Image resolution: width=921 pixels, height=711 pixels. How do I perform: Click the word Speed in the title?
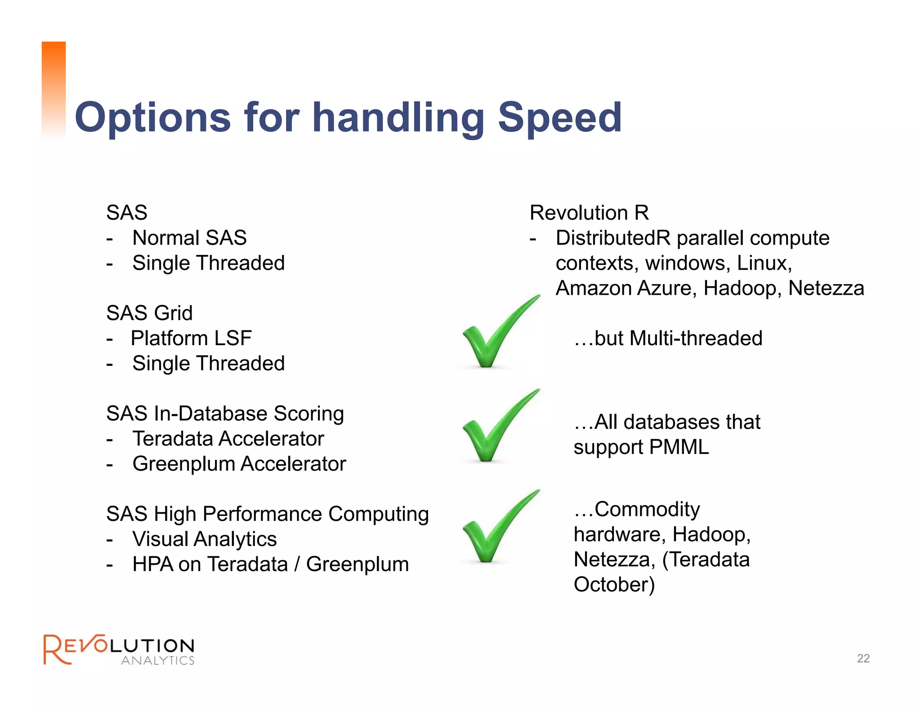(x=559, y=118)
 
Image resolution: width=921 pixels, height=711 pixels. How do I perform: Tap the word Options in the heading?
(x=153, y=118)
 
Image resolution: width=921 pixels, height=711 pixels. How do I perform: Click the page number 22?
(x=863, y=658)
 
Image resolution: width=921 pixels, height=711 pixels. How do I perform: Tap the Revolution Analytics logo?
(x=119, y=649)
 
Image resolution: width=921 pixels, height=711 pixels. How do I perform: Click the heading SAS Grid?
(x=149, y=313)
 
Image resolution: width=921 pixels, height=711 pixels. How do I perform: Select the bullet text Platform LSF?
(x=191, y=338)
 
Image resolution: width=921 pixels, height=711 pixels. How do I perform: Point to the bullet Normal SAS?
(x=189, y=238)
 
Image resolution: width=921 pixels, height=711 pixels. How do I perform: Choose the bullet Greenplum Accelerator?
(x=239, y=464)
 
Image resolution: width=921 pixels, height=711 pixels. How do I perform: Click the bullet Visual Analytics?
(x=204, y=539)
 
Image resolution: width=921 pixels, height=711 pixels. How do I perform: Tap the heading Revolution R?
(x=589, y=213)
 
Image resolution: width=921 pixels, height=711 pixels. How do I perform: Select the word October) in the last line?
(x=614, y=585)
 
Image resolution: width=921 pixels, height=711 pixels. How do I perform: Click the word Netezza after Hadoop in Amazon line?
(x=826, y=288)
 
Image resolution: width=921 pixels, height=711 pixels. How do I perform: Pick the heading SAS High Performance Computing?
(x=267, y=514)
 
